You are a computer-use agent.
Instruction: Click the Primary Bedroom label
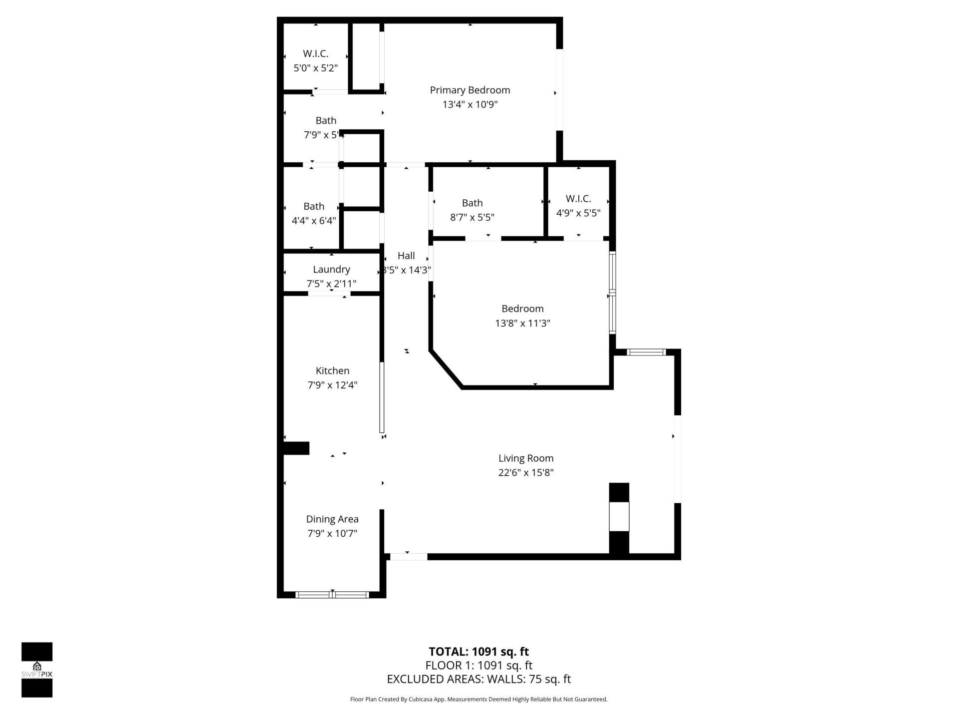coord(470,90)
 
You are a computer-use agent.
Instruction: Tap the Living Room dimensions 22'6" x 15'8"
coord(526,472)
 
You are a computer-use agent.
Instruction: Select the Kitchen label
coord(332,370)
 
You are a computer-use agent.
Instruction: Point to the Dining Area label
coord(332,519)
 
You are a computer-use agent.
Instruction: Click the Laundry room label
coord(331,270)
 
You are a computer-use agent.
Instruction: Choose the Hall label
coord(406,256)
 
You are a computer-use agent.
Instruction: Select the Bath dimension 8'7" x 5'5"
coord(472,217)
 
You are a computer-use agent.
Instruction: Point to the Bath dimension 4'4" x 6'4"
coord(314,221)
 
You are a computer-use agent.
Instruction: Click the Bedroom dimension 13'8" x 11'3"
coord(522,323)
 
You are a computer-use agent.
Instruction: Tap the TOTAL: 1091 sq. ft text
coord(479,652)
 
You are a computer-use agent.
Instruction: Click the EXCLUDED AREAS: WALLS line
coord(479,679)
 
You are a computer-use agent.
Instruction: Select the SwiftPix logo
coord(37,670)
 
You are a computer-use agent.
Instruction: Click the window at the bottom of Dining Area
coord(332,594)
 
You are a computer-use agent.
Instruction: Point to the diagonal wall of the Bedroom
coord(445,368)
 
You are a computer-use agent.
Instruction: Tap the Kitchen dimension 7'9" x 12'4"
coord(332,385)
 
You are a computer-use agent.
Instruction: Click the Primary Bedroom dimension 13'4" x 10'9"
coord(470,105)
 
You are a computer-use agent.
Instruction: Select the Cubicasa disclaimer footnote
coord(479,700)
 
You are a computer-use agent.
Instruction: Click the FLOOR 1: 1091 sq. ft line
coord(479,666)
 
